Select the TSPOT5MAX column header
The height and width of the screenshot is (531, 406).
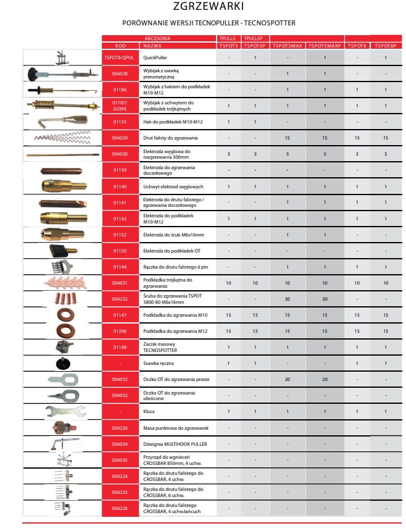tap(288, 46)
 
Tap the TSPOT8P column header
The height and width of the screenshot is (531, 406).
tap(385, 46)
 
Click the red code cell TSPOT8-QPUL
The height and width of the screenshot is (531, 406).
tap(119, 57)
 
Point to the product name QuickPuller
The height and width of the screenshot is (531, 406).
tap(155, 57)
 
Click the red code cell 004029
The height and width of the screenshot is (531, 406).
tap(119, 138)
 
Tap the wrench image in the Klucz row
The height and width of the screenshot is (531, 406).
tap(62, 411)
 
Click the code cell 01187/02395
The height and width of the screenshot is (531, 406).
tap(119, 106)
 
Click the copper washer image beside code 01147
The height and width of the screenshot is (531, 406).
tap(62, 315)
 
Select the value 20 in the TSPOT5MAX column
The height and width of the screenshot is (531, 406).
tap(288, 379)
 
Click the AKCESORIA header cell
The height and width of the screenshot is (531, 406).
tap(157, 38)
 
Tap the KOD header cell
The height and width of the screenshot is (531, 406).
tap(120, 46)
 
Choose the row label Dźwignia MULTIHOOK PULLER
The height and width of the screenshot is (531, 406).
tap(175, 444)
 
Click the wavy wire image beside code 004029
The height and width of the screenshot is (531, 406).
tap(62, 138)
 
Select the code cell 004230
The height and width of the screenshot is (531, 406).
tap(119, 427)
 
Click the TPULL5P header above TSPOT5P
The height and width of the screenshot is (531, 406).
tap(254, 38)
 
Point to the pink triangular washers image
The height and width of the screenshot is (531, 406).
tap(62, 282)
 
